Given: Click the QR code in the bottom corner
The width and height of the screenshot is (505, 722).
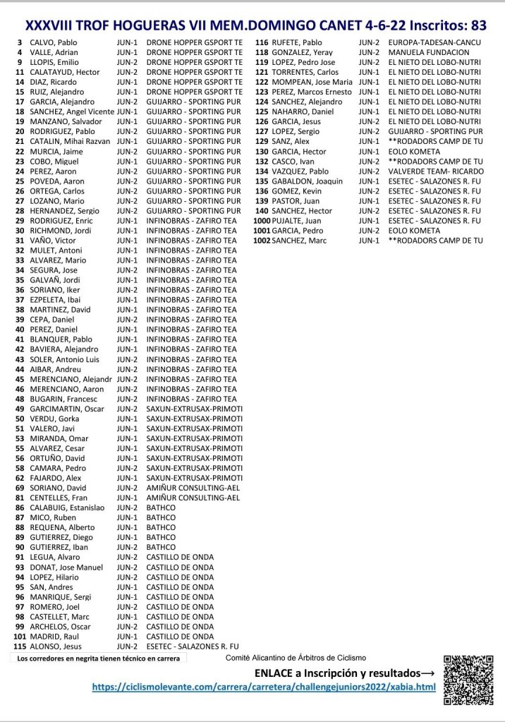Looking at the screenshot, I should click(x=467, y=679).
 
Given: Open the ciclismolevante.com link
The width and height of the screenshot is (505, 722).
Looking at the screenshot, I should click(x=264, y=687).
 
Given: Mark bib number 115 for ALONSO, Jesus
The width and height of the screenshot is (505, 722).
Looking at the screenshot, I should click(x=19, y=646).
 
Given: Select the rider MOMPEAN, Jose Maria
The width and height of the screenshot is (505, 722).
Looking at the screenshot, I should click(x=312, y=82).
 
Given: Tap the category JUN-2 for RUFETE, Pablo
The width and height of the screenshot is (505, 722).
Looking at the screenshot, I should click(x=368, y=42).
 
